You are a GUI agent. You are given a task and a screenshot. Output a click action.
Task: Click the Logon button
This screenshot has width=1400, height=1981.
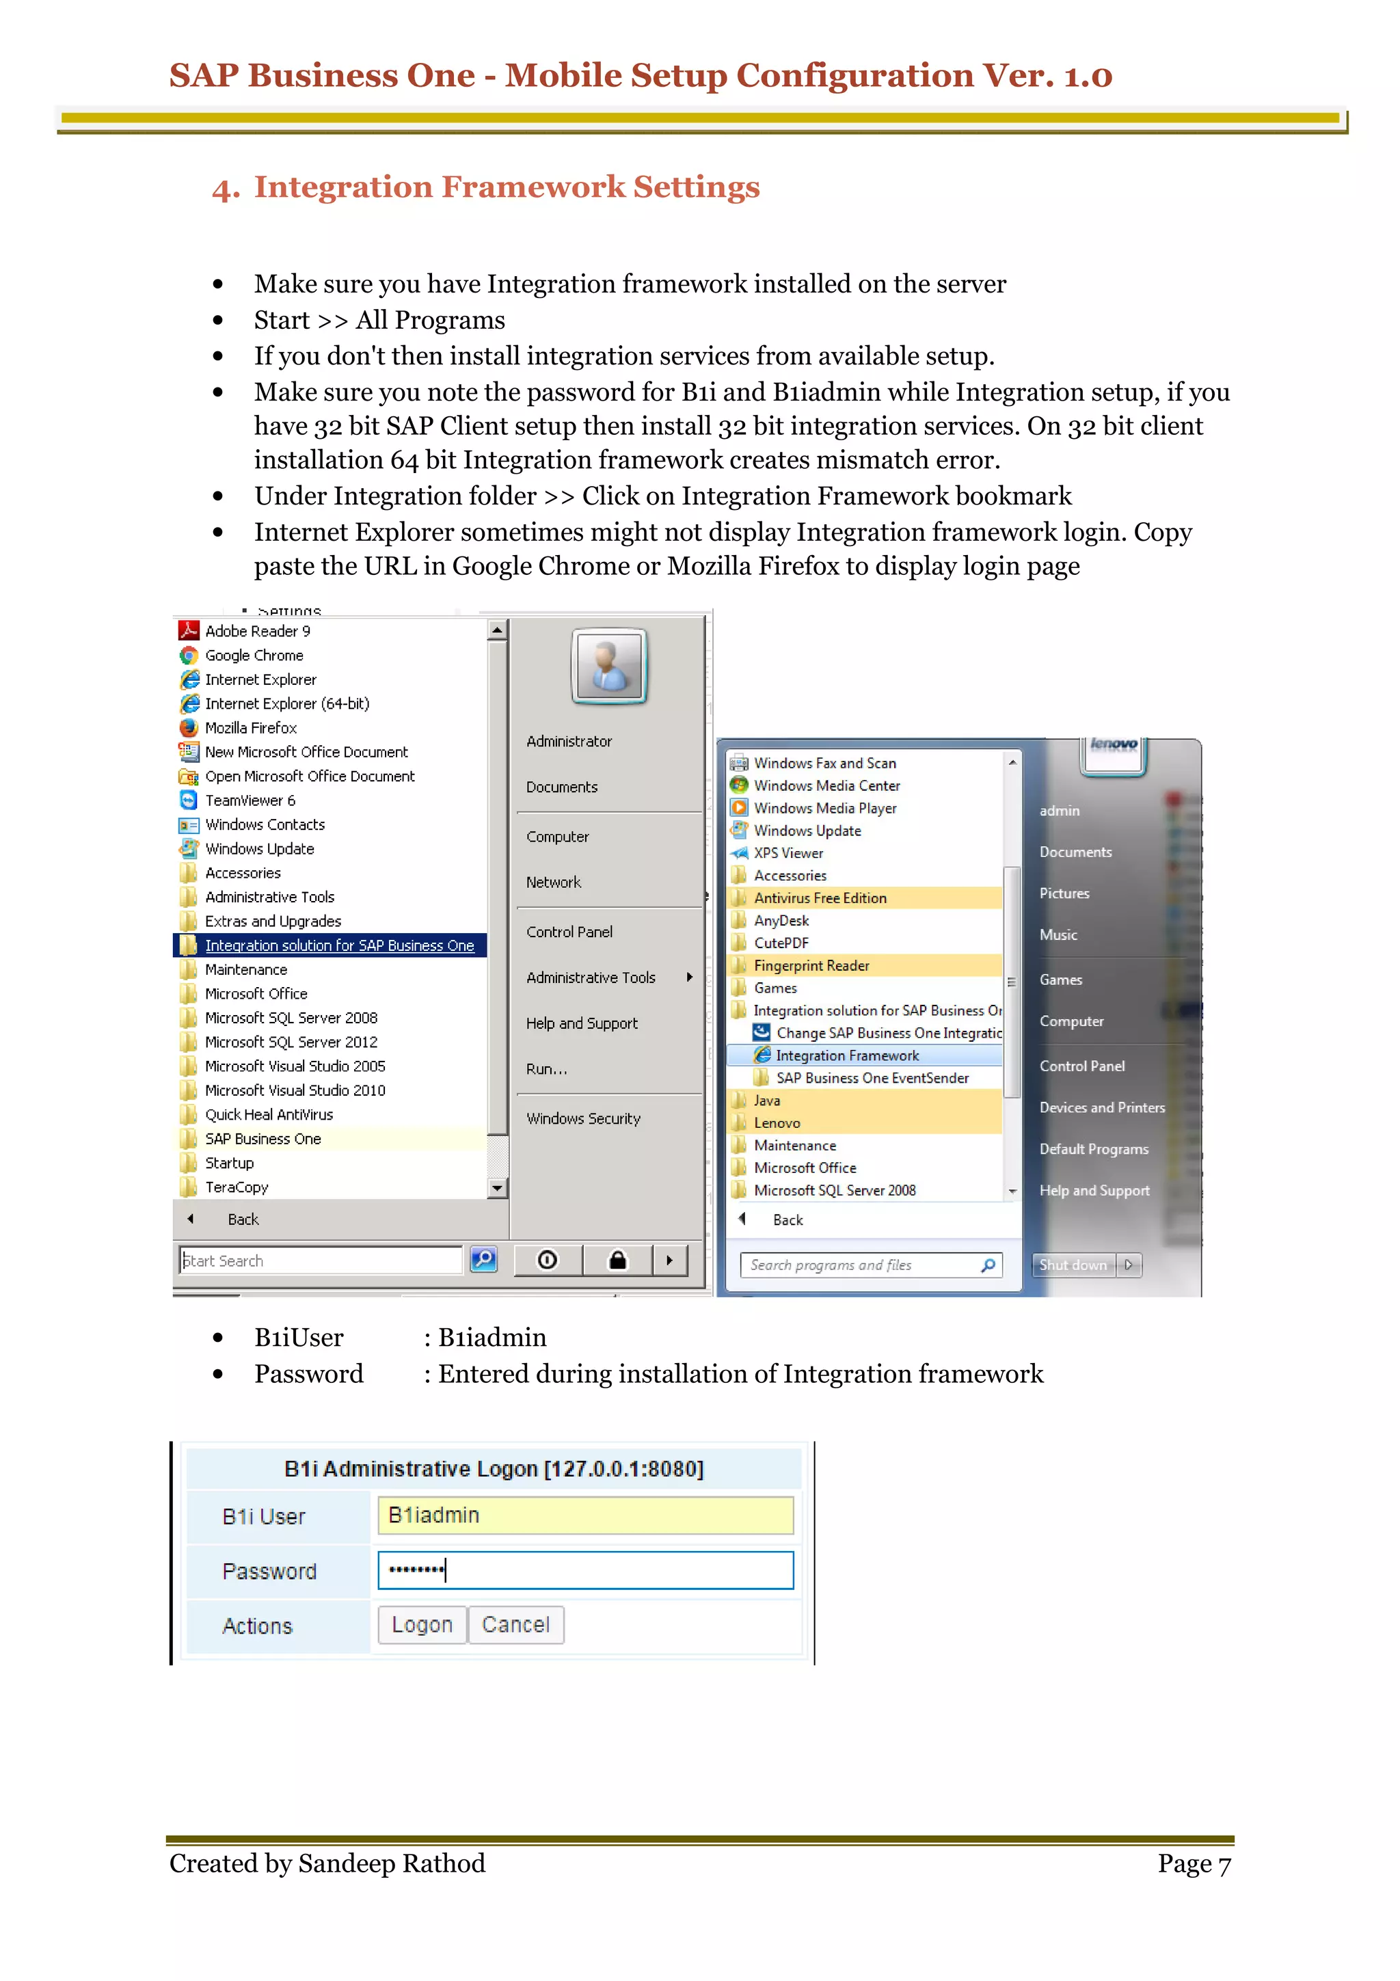click(422, 1625)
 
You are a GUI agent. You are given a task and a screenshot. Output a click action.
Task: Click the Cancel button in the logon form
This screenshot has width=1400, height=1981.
click(515, 1625)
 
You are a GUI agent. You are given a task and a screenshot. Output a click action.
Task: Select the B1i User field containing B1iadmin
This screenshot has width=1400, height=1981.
click(585, 1515)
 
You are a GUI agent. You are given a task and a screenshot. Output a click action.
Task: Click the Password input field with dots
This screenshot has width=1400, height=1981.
click(585, 1570)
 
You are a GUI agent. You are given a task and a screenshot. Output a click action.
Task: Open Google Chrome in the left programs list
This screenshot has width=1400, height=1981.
click(254, 656)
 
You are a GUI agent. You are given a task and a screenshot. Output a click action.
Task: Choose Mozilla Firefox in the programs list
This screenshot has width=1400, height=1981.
click(250, 728)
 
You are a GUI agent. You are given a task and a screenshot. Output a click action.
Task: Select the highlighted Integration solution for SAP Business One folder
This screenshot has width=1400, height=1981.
click(339, 945)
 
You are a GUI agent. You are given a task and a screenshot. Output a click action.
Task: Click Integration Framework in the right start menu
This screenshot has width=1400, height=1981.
click(846, 1055)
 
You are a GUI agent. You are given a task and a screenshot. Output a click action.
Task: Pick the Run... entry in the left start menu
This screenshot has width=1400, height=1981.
click(547, 1069)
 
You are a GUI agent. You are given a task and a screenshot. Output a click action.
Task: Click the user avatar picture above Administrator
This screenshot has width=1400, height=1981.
click(610, 666)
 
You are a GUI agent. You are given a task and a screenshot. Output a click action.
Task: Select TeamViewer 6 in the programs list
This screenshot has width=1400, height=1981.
click(250, 800)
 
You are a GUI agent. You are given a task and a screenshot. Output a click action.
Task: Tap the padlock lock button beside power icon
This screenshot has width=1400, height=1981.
click(617, 1261)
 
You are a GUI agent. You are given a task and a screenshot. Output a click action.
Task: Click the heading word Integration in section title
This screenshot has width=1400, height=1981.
click(348, 187)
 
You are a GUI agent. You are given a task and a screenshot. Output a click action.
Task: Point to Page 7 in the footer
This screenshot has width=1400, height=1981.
click(1193, 1863)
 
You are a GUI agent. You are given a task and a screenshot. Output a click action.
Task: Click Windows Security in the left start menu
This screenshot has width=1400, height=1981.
click(583, 1119)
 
